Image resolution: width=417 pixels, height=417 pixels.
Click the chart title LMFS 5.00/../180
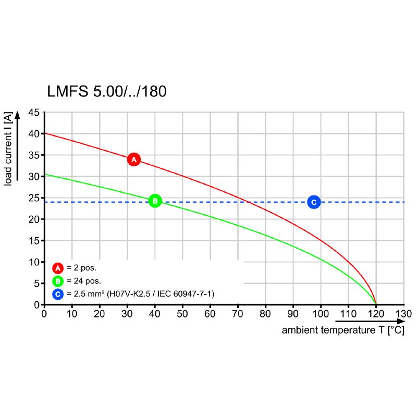pos(107,92)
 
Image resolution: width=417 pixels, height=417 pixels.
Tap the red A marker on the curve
pos(133,159)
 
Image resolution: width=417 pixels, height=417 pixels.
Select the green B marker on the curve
pos(155,201)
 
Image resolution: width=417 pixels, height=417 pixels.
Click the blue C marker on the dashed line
pos(313,202)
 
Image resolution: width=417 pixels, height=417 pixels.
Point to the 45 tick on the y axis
pos(34,112)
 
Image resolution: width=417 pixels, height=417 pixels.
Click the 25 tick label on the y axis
pos(34,198)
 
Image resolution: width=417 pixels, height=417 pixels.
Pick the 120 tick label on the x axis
pos(376,314)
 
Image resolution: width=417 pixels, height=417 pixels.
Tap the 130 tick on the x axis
pos(404,314)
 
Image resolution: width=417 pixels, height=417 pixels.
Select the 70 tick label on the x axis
pos(238,314)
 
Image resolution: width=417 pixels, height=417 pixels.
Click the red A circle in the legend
pos(58,268)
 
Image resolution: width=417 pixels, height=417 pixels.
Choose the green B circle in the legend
pos(58,281)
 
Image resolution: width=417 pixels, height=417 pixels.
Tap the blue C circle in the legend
pos(58,295)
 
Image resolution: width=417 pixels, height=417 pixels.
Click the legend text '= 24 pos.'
pos(83,281)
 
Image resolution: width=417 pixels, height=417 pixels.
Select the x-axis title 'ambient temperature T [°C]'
pos(343,330)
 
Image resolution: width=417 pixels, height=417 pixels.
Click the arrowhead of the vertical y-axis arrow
pos(18,116)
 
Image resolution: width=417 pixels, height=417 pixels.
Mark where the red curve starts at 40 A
pos(45,133)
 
